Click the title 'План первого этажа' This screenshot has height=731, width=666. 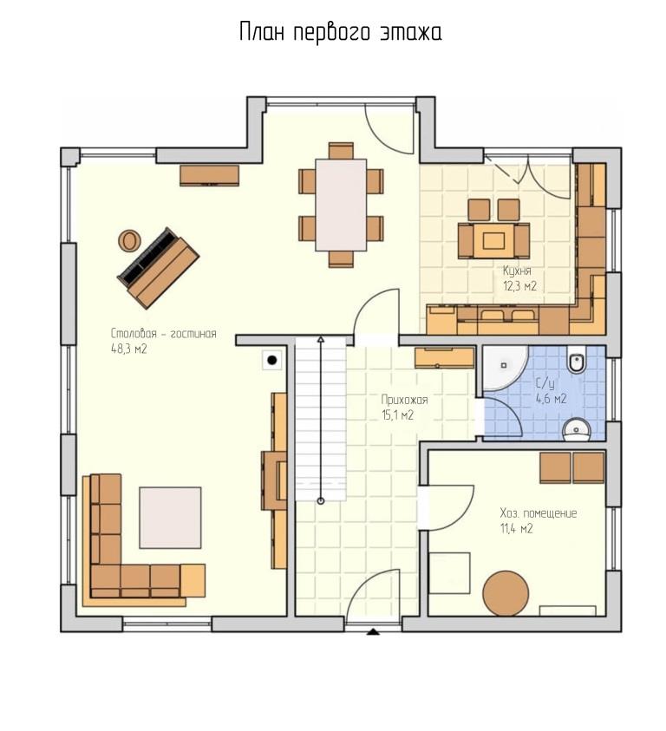tap(341, 33)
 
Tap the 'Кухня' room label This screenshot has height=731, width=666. tap(517, 271)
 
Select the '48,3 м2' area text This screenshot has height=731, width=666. tap(128, 349)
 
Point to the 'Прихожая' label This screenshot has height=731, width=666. tap(404, 400)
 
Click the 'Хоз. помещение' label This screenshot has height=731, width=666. tap(539, 513)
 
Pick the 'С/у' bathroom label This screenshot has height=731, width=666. tap(545, 383)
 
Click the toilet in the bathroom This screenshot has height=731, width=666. tap(577, 362)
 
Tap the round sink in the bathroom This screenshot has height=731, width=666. tap(577, 428)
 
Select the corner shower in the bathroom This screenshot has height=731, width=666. tap(504, 368)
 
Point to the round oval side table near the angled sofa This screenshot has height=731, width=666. tap(128, 240)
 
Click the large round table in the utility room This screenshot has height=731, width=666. tap(506, 594)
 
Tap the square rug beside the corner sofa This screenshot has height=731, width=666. tap(170, 518)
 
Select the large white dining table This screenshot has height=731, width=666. tap(341, 205)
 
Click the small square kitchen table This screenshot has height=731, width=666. tap(493, 240)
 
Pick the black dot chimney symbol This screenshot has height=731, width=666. tap(272, 360)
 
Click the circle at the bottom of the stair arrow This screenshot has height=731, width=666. tap(321, 501)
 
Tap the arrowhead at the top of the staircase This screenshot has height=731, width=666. tap(321, 339)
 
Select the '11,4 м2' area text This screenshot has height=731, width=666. tap(516, 529)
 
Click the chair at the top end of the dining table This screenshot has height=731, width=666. tap(341, 151)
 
